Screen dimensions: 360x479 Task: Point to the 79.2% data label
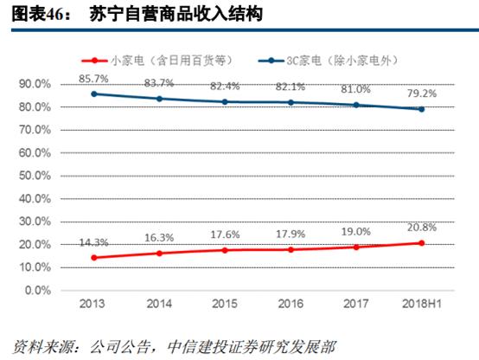click(x=422, y=92)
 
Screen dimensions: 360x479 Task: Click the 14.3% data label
click(x=94, y=241)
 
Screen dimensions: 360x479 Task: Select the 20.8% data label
click(x=422, y=227)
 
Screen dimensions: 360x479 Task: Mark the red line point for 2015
click(x=225, y=250)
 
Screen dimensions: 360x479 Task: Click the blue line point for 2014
click(x=159, y=99)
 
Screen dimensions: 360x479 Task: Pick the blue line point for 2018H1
click(x=422, y=109)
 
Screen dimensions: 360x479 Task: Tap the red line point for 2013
click(x=93, y=258)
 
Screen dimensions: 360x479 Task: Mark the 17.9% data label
click(x=291, y=234)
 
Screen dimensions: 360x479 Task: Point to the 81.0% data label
click(x=356, y=88)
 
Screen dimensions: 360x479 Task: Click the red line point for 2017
click(x=356, y=247)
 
